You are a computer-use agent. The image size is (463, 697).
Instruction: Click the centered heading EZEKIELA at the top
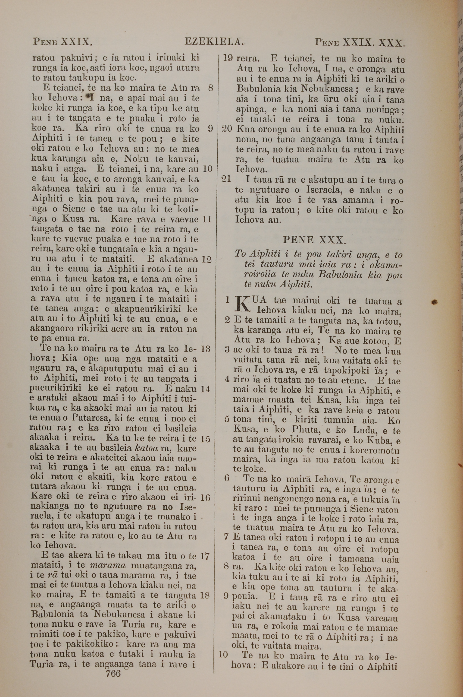[214, 42]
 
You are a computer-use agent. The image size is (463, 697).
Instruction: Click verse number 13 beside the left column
[205, 349]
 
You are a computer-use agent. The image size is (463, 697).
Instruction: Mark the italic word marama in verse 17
[107, 566]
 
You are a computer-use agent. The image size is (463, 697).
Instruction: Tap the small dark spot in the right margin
[434, 302]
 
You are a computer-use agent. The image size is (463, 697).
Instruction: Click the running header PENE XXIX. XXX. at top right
[359, 43]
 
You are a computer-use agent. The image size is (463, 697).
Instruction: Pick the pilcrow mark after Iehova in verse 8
[89, 96]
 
